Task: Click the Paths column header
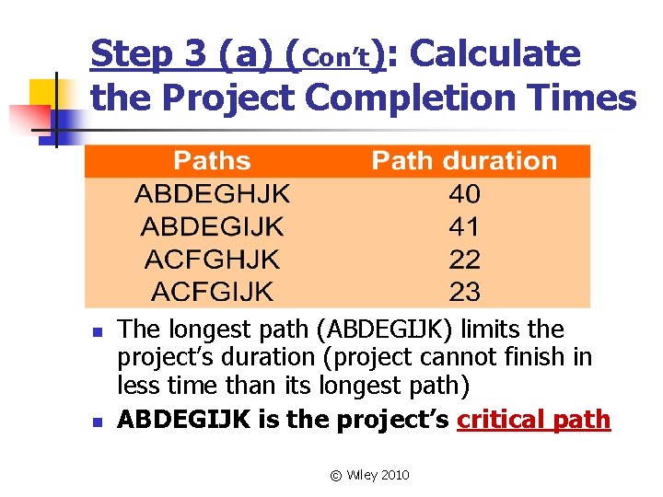(x=212, y=161)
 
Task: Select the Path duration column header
(x=464, y=161)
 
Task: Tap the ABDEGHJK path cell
(x=212, y=194)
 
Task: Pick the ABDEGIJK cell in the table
(x=212, y=227)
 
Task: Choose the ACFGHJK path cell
(x=212, y=260)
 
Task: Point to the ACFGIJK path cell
(x=212, y=293)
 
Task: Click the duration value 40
(x=464, y=194)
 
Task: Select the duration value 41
(x=464, y=227)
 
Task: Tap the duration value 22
(x=464, y=260)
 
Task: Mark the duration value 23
(x=464, y=293)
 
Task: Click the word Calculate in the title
(x=495, y=54)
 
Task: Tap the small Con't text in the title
(x=336, y=59)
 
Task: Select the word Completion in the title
(x=423, y=97)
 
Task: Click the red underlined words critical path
(x=533, y=420)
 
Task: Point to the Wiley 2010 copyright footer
(x=369, y=475)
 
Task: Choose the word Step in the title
(x=134, y=54)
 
